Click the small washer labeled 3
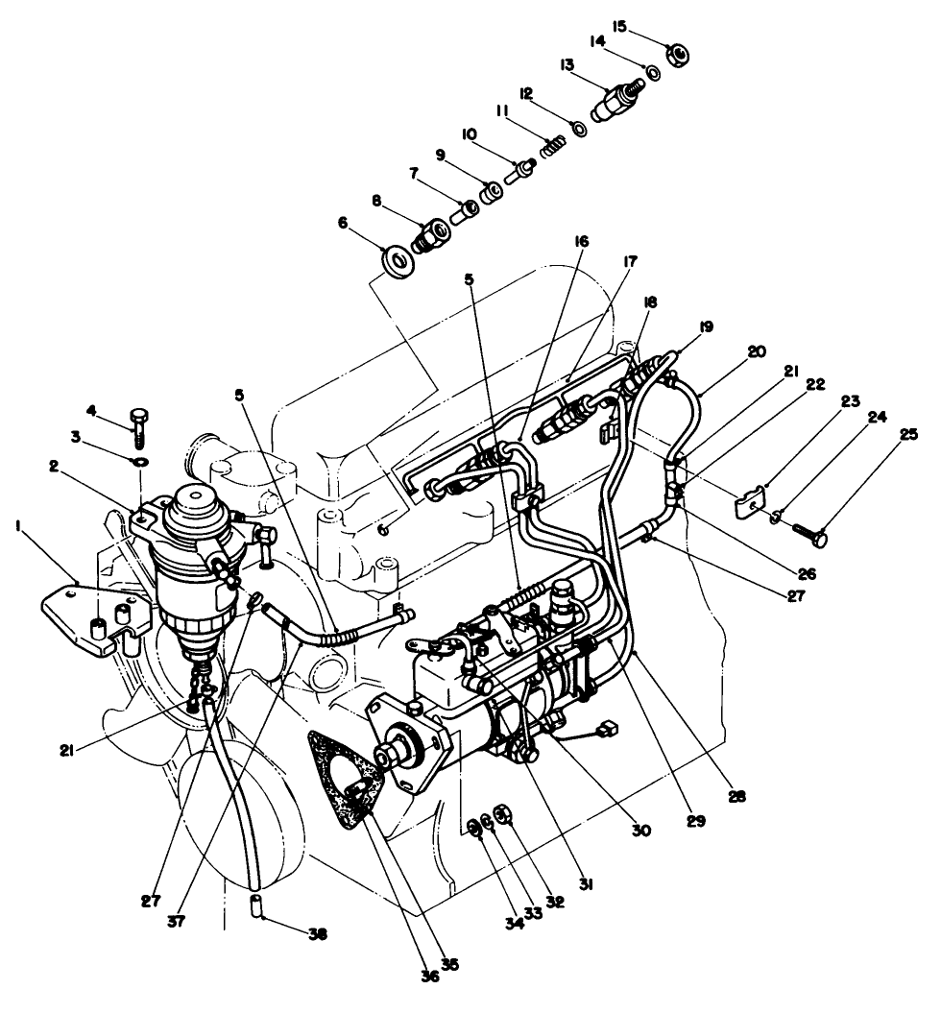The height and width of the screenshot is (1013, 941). coord(141,463)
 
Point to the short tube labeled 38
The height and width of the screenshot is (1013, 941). coord(256,904)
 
